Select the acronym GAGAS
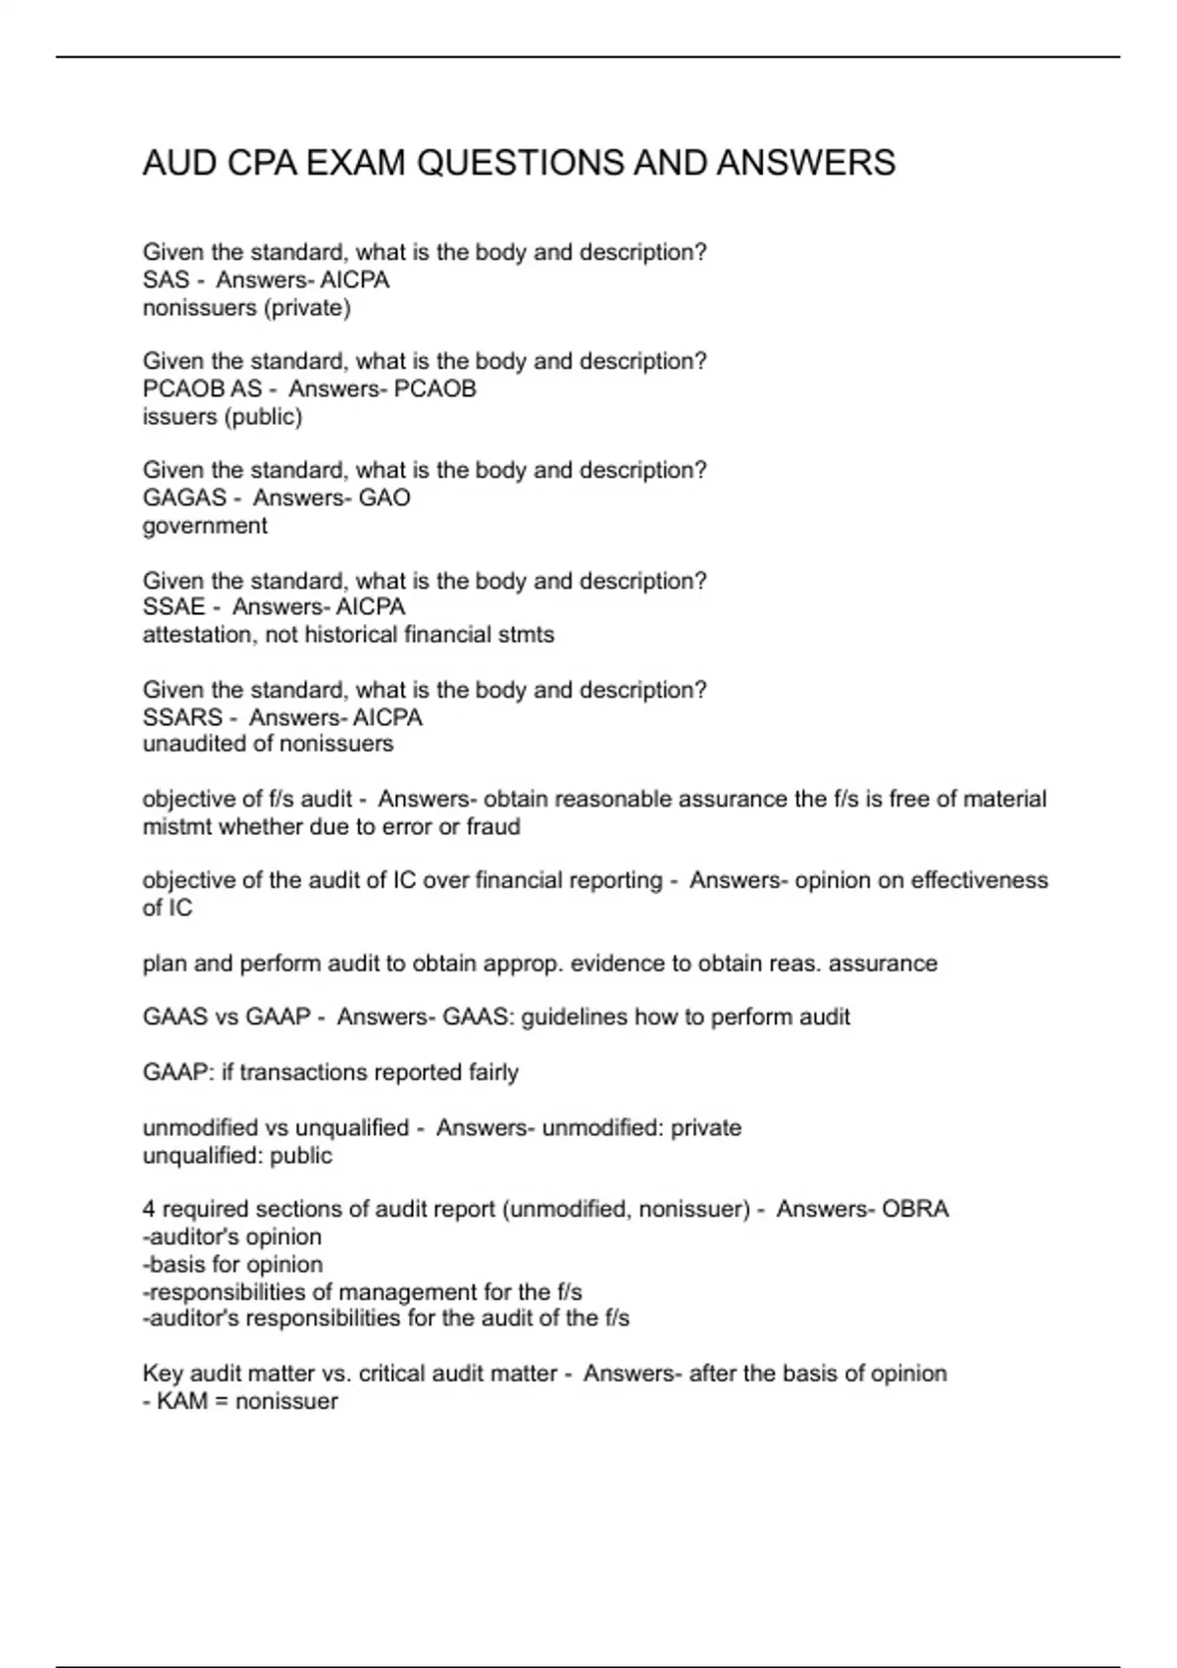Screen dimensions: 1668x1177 click(x=184, y=498)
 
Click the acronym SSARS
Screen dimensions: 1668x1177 click(x=182, y=718)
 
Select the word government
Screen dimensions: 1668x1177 click(x=205, y=526)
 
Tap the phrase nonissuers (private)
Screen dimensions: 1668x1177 click(x=246, y=308)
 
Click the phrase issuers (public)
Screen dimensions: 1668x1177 click(x=223, y=417)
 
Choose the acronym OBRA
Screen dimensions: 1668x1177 click(x=915, y=1210)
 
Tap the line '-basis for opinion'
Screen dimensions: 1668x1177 click(x=232, y=1265)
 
